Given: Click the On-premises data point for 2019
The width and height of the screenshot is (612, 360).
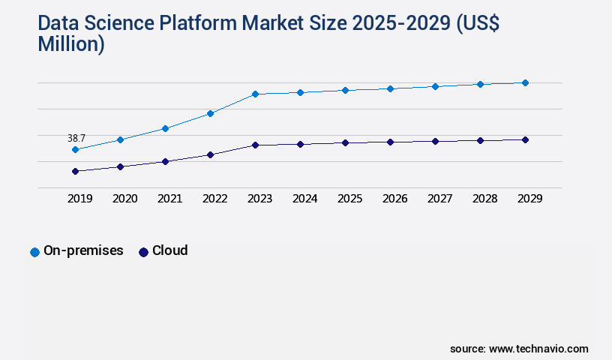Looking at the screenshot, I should (x=75, y=149).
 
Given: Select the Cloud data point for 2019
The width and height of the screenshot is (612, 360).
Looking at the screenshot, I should (x=75, y=171).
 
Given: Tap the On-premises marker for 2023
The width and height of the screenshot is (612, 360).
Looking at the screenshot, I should (x=255, y=94).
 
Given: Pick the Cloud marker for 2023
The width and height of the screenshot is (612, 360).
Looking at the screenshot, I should (x=255, y=145).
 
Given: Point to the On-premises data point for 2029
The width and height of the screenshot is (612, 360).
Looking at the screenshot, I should (x=525, y=82).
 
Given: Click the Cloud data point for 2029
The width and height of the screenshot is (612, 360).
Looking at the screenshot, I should (x=525, y=139).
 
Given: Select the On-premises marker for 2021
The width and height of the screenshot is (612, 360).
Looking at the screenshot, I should (x=165, y=128).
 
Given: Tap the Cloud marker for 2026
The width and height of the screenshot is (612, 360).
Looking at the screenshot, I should (x=390, y=142).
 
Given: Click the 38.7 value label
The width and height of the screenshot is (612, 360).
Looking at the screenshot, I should (x=76, y=138).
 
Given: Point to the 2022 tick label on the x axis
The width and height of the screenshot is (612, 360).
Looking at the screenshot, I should (x=214, y=199).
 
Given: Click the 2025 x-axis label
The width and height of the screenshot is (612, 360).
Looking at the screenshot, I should (x=349, y=199).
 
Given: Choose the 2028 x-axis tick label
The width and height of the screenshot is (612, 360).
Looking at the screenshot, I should (x=484, y=199).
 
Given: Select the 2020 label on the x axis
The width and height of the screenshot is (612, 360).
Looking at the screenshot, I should (x=124, y=199).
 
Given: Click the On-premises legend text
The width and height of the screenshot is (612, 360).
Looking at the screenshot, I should (x=83, y=250).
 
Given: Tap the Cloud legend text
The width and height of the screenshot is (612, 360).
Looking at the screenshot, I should (x=169, y=250).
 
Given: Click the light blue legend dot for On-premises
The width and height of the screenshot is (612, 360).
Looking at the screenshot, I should (x=34, y=252).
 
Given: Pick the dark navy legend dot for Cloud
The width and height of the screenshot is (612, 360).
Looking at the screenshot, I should (x=143, y=252).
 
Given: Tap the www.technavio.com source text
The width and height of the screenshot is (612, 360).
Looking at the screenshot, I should (x=538, y=349).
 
